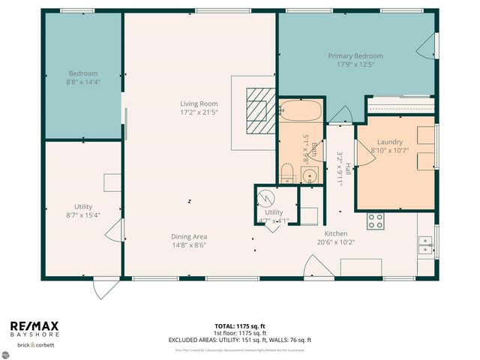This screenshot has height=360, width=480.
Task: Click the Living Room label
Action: click(198, 103)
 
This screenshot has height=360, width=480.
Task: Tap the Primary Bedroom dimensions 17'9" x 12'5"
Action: click(355, 64)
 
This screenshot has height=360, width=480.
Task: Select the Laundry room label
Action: click(390, 141)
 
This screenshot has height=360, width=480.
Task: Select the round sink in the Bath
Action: click(309, 176)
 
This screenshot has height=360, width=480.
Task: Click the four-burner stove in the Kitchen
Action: click(375, 220)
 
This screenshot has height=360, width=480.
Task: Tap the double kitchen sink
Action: click(425, 245)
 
